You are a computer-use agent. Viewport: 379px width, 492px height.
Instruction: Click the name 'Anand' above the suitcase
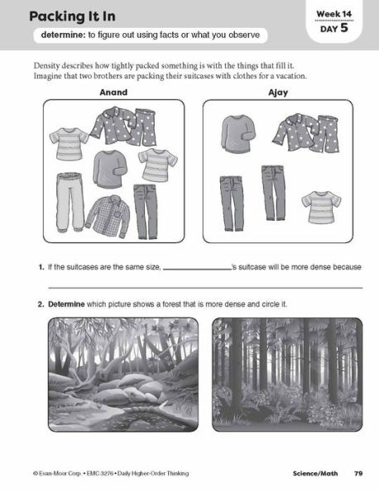coord(113,93)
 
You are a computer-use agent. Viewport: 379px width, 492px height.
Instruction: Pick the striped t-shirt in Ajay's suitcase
coord(316,208)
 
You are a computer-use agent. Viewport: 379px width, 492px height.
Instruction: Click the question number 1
coord(40,268)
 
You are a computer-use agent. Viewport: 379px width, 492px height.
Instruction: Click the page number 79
coord(358,473)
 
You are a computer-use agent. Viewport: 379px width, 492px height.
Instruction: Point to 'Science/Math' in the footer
coord(316,473)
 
